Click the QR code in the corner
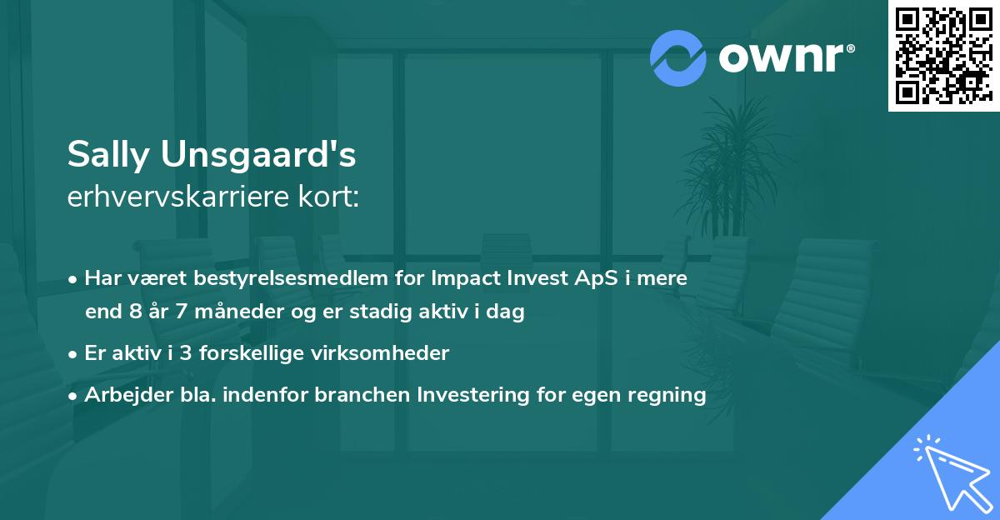[x=943, y=55]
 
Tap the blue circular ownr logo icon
[x=678, y=57]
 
